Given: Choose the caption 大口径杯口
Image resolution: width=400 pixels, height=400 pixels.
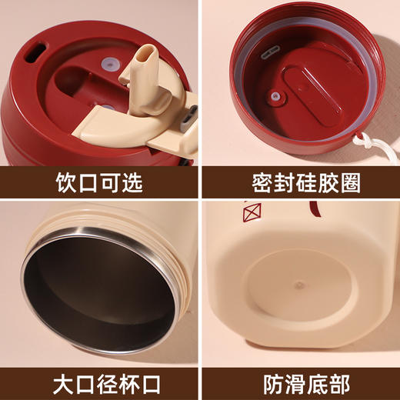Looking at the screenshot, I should [x=100, y=382].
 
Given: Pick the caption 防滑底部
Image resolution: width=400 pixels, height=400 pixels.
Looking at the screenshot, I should [x=300, y=382].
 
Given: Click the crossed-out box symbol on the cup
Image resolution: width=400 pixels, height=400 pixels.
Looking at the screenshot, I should [x=252, y=212].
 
